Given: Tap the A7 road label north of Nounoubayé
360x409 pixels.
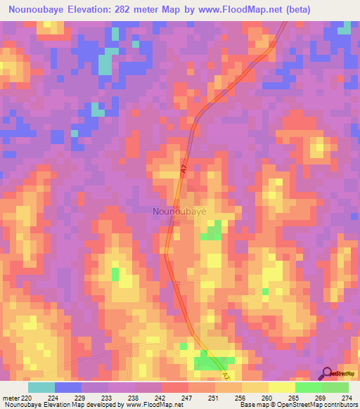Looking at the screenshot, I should click(182, 169).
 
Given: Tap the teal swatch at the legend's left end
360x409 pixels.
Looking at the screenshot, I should click(41, 387).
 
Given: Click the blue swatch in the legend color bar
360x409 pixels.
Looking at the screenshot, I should click(68, 387).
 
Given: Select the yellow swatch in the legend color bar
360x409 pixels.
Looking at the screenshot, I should click(281, 387).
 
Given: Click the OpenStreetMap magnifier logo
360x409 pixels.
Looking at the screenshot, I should click(326, 373).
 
